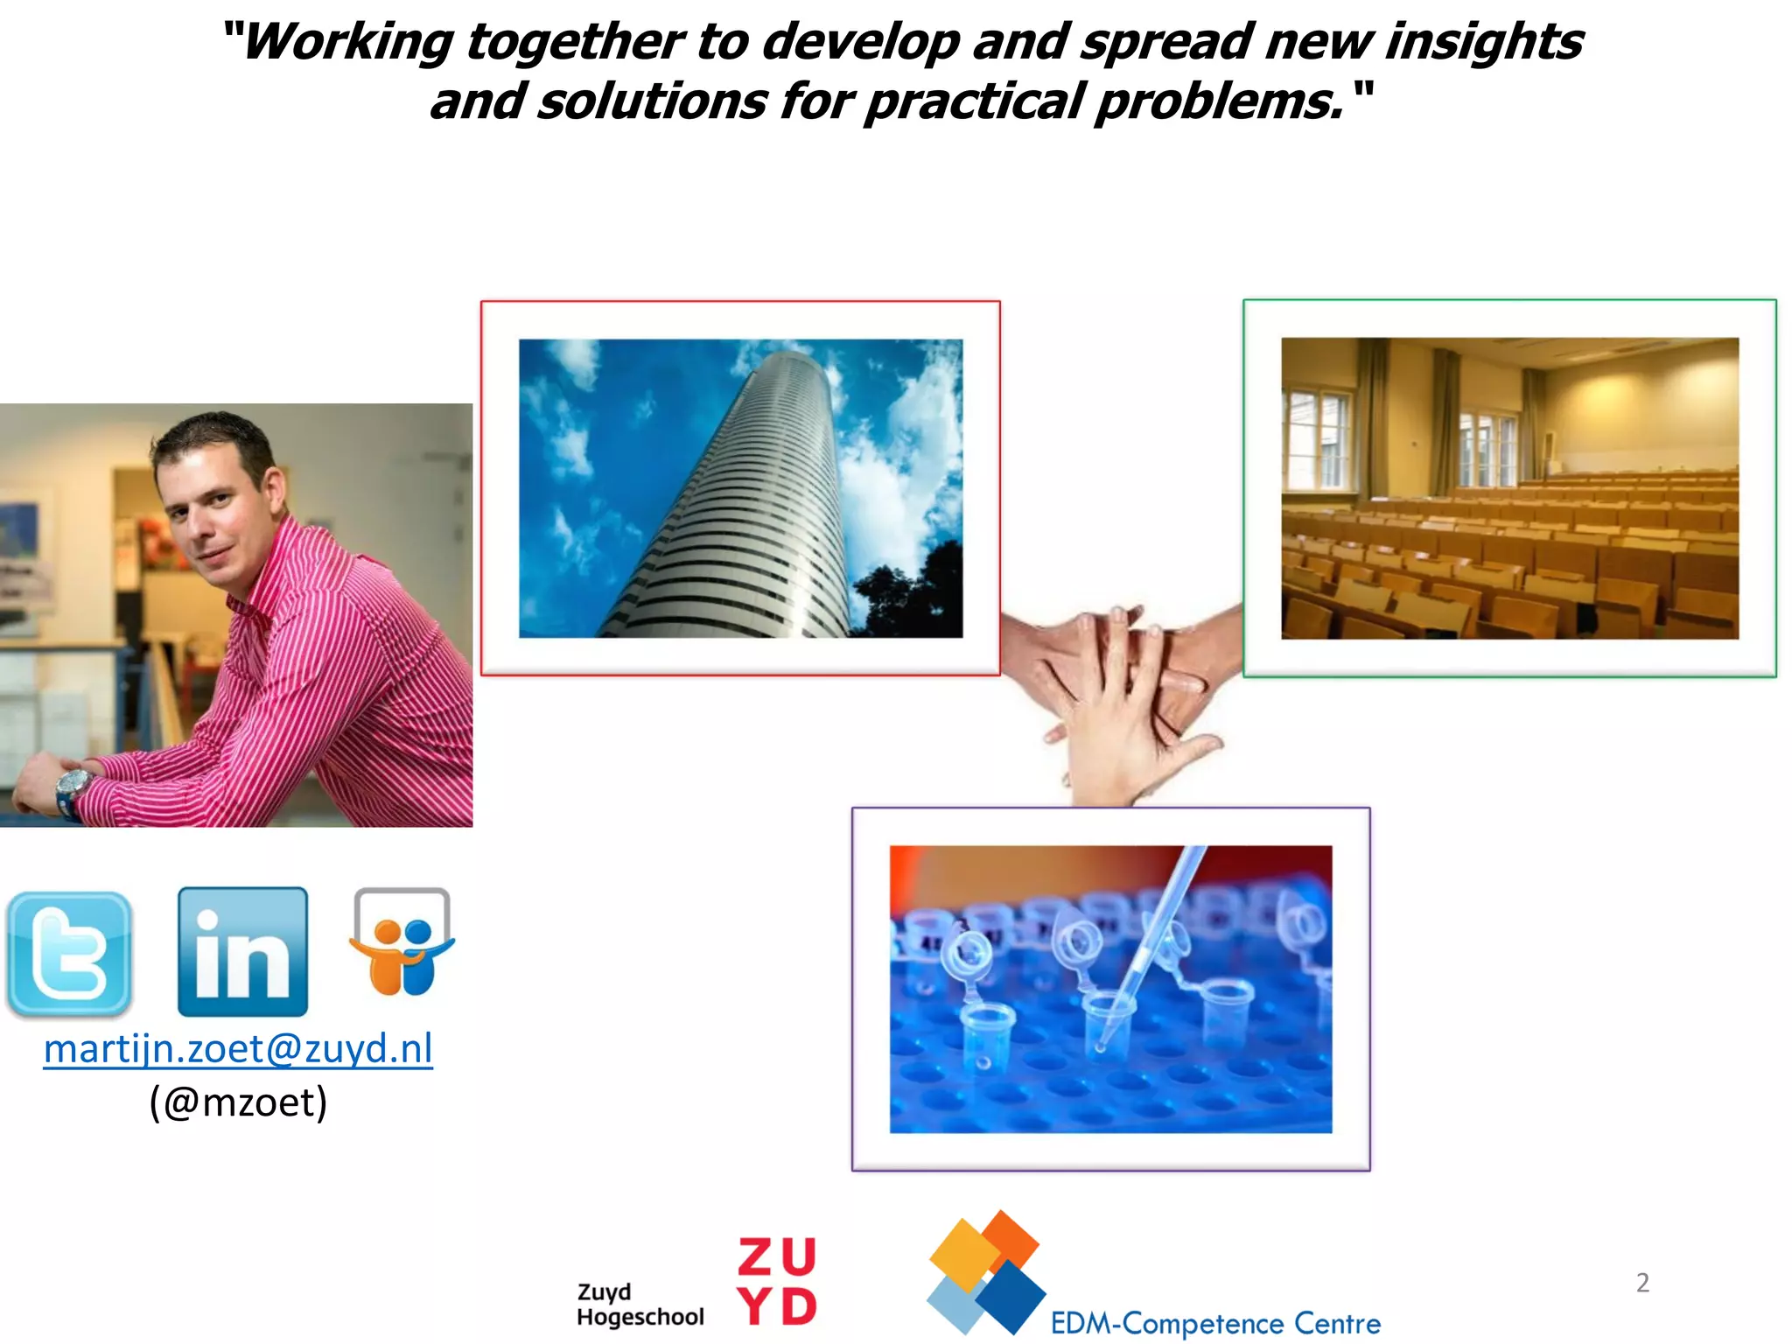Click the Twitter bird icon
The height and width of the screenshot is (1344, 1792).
click(x=68, y=954)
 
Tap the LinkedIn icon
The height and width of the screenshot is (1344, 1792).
click(x=242, y=952)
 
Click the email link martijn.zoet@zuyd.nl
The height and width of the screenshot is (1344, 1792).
click(x=238, y=1048)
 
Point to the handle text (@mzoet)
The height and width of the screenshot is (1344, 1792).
click(x=238, y=1102)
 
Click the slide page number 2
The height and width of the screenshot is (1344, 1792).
click(x=1642, y=1283)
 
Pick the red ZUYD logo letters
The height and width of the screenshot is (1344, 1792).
click(x=777, y=1282)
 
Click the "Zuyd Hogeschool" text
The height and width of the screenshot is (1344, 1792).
click(x=640, y=1305)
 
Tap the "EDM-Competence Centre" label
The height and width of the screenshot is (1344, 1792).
click(x=1215, y=1323)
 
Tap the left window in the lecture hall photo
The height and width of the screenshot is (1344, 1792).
click(x=1319, y=437)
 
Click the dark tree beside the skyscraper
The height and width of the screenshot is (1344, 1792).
click(x=910, y=595)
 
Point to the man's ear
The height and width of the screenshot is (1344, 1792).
click(x=274, y=492)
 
